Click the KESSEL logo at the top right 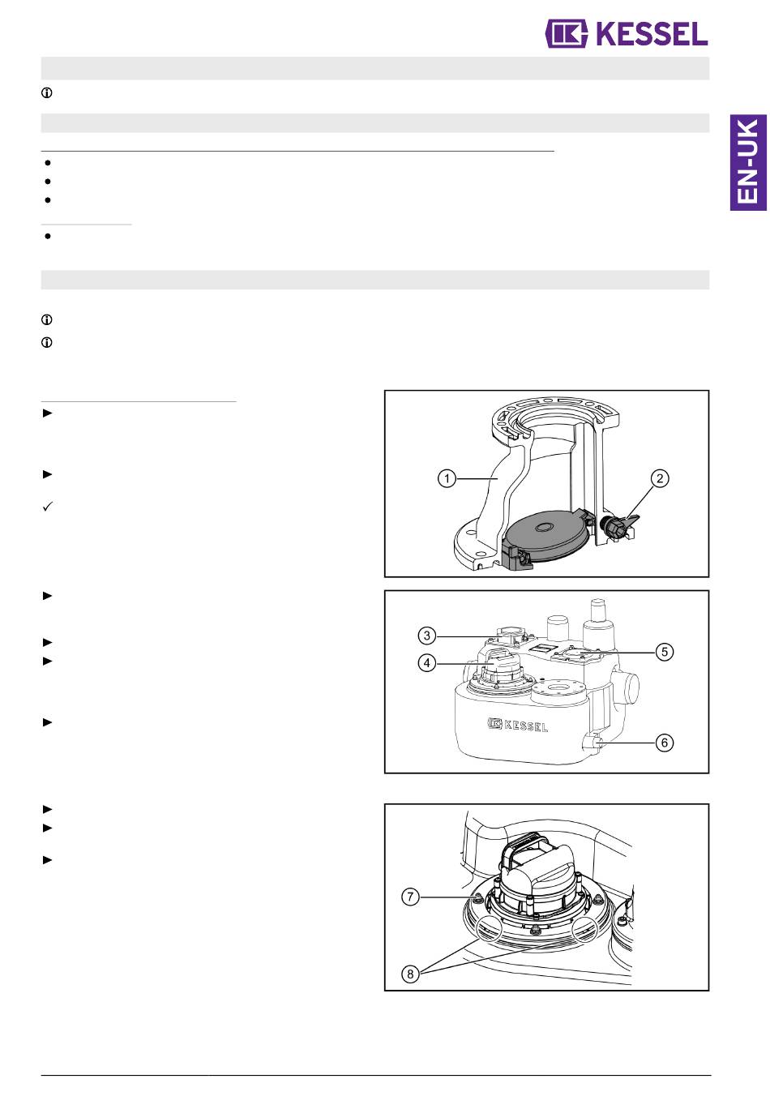(x=626, y=34)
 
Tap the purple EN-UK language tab (x=748, y=162)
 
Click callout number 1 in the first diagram (x=447, y=479)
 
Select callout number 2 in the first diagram (x=659, y=478)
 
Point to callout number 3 (x=426, y=636)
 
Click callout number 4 (x=426, y=662)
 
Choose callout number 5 (x=665, y=652)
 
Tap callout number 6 (x=665, y=743)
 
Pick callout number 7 (x=410, y=897)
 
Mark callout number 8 (x=410, y=974)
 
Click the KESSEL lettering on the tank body (x=518, y=725)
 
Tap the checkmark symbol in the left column (x=48, y=507)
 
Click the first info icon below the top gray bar (x=47, y=92)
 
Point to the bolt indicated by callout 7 (x=478, y=897)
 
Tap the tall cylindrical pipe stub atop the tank (x=597, y=625)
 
